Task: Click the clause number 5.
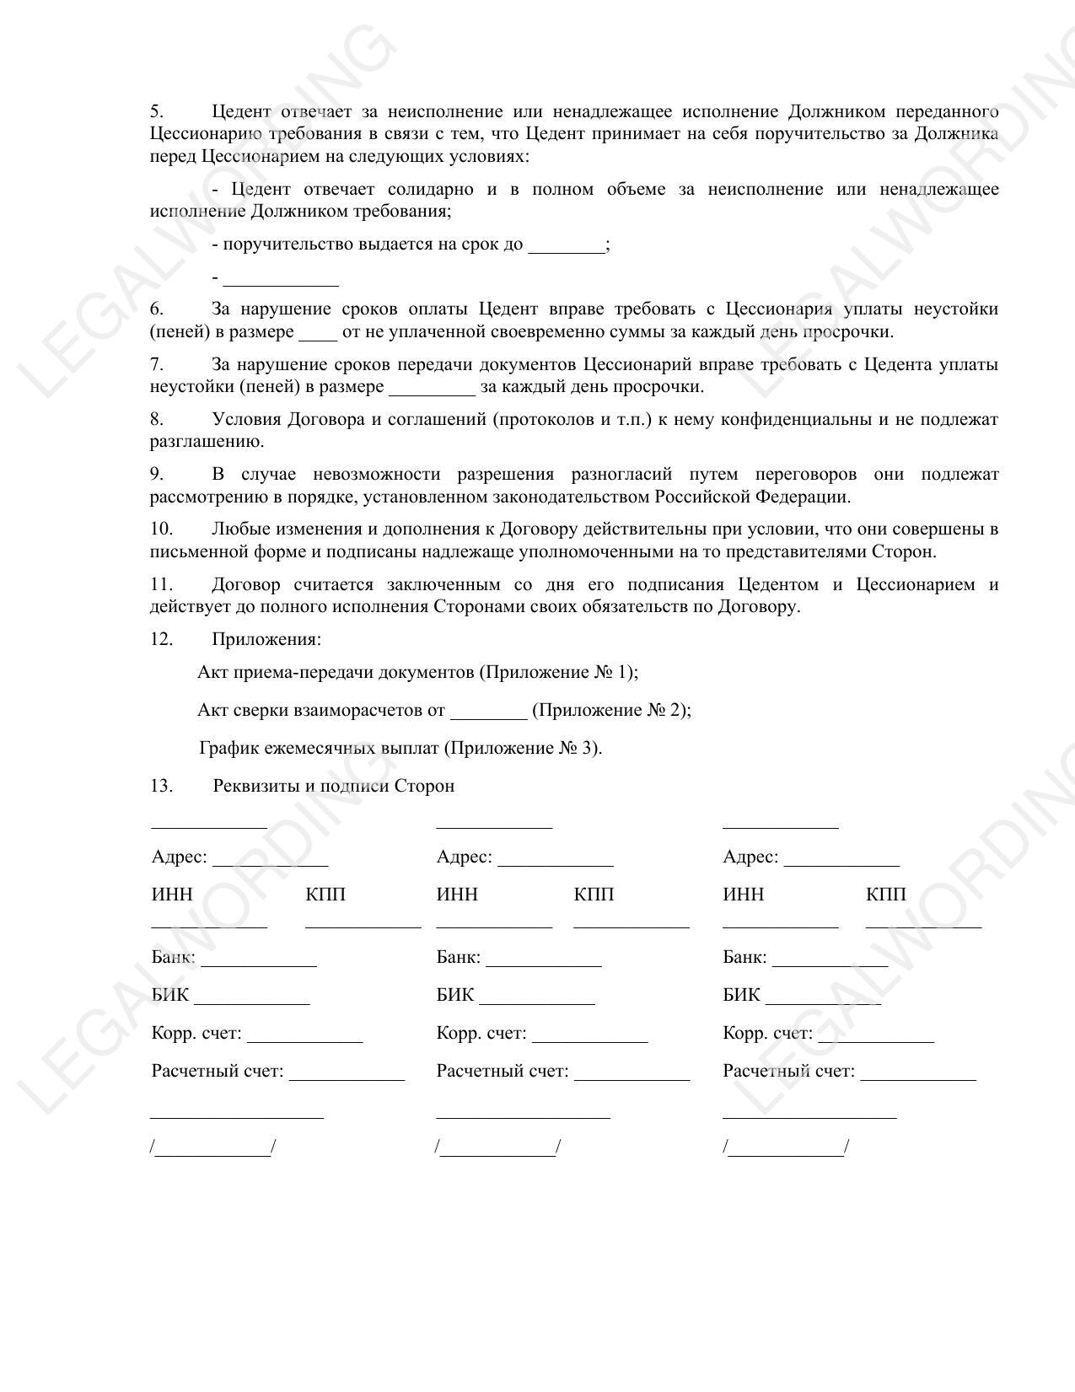click(156, 112)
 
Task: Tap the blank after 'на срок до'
click(566, 247)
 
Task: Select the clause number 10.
click(161, 529)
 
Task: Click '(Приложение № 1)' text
click(558, 673)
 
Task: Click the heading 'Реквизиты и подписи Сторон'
click(334, 787)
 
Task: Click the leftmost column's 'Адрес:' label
click(179, 857)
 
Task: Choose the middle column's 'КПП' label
click(594, 895)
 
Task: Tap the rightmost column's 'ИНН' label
click(743, 895)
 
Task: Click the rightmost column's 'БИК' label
click(741, 995)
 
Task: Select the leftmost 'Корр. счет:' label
click(196, 1034)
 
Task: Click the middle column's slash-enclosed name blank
click(497, 1148)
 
